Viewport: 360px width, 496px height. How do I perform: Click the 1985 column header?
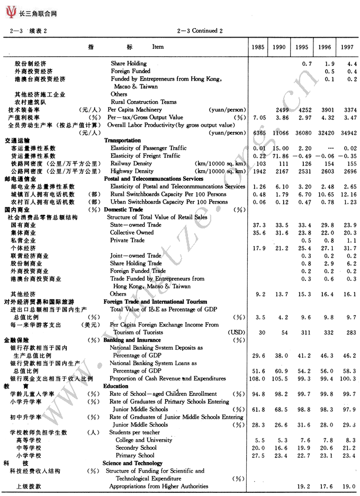coord(258,47)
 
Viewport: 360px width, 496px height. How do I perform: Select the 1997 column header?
coord(347,47)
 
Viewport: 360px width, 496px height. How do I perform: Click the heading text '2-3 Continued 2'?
coord(200,31)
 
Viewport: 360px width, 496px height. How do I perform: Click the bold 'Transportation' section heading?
coord(122,140)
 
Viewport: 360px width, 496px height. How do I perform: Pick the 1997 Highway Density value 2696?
coord(347,172)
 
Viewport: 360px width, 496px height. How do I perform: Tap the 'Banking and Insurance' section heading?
coord(132,340)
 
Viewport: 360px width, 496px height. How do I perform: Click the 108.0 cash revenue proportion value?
coord(257,379)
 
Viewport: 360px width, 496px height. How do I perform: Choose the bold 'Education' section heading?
coord(116,386)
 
